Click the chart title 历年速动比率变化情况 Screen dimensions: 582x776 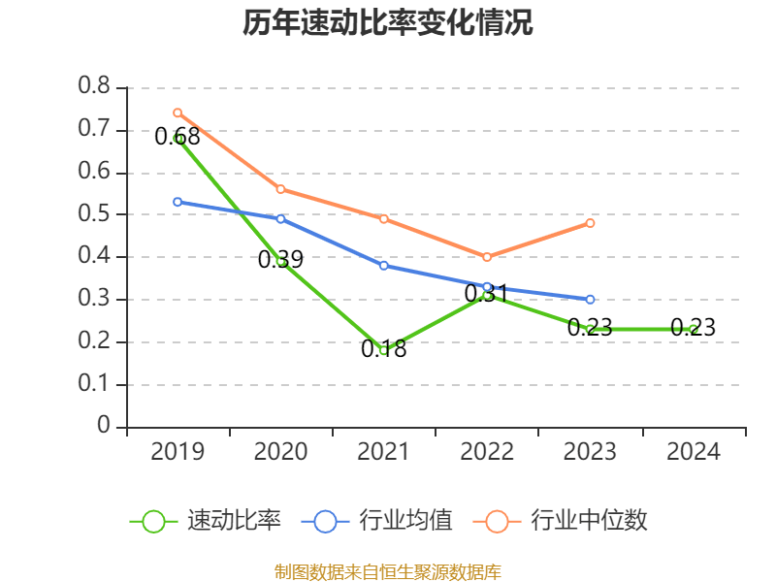click(x=387, y=23)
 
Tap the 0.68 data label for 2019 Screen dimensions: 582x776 click(x=178, y=137)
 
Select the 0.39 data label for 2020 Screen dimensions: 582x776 click(x=280, y=259)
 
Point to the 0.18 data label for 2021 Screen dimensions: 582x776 click(x=383, y=349)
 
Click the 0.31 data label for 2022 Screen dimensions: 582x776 click(x=486, y=292)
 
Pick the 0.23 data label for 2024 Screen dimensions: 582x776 click(x=693, y=328)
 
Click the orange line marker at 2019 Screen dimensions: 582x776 click(x=178, y=113)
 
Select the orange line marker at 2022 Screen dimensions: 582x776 click(x=487, y=257)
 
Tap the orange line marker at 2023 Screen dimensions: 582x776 click(x=590, y=223)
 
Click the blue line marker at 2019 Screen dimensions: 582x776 click(x=178, y=202)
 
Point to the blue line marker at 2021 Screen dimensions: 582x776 click(x=384, y=266)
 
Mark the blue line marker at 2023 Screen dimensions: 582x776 click(x=590, y=300)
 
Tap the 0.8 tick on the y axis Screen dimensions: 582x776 click(x=94, y=87)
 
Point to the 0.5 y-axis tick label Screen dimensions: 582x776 click(x=94, y=214)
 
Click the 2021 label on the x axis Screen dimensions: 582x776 click(x=383, y=452)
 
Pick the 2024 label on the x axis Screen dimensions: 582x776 click(x=693, y=452)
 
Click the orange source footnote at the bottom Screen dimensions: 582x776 click(x=387, y=571)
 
